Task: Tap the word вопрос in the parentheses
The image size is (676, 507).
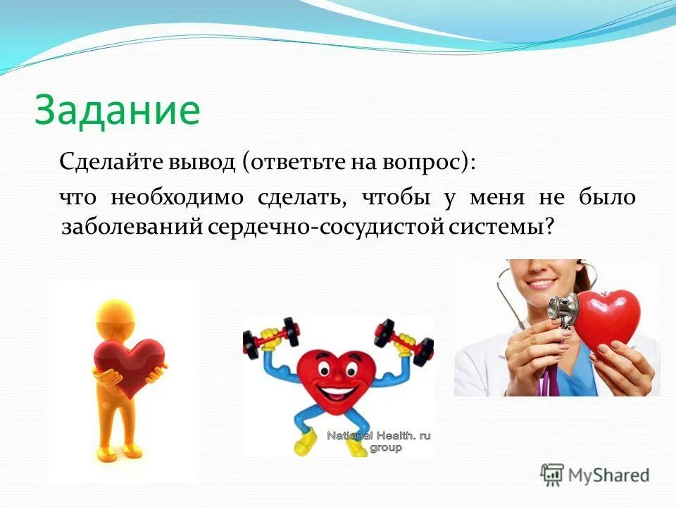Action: [x=431, y=163]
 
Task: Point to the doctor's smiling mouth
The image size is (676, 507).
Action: [x=542, y=284]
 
